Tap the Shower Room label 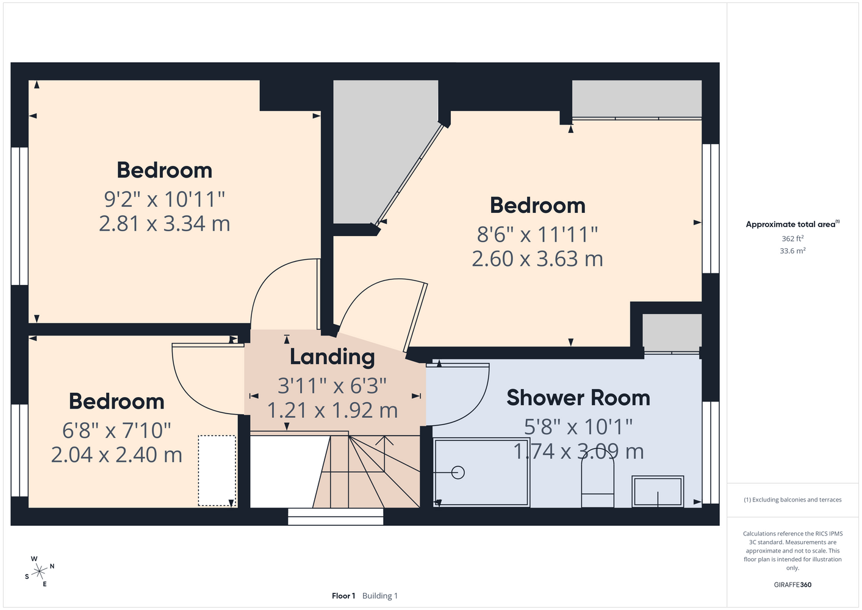[x=578, y=398]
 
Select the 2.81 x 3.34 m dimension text [x=164, y=224]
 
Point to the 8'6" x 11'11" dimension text [x=537, y=234]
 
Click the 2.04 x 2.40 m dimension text [x=117, y=455]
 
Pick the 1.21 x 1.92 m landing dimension [x=332, y=411]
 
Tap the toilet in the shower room [x=597, y=483]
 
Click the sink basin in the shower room [x=658, y=491]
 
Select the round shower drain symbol [x=458, y=472]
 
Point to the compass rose [x=39, y=572]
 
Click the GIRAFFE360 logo [x=792, y=584]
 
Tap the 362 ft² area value [x=792, y=239]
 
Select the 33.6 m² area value [x=792, y=251]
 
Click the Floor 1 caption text [x=343, y=596]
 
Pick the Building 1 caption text [x=380, y=596]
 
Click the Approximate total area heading [x=792, y=224]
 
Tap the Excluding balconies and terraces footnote [x=792, y=500]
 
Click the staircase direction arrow [x=384, y=454]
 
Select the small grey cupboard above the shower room [x=672, y=332]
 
